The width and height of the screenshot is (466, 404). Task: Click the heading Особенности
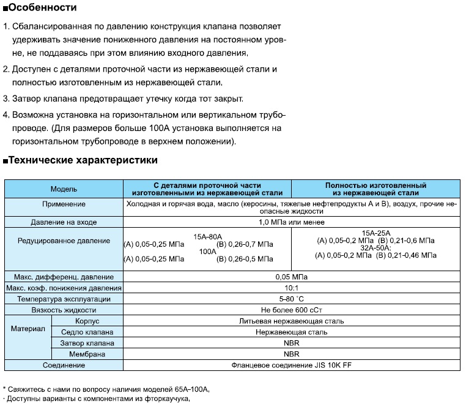(43, 8)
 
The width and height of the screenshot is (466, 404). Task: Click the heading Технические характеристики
(83, 160)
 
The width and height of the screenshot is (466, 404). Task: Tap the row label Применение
(64, 204)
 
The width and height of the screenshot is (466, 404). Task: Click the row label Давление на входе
(64, 222)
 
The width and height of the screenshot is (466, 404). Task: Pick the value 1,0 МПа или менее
(292, 222)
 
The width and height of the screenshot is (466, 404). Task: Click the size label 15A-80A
(207, 236)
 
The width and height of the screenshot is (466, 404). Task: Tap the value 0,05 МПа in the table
(292, 277)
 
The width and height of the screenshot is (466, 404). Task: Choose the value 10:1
(292, 288)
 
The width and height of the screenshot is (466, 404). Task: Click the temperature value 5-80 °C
(292, 299)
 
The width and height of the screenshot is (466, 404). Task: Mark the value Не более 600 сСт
(292, 310)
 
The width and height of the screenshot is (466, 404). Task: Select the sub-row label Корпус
(87, 321)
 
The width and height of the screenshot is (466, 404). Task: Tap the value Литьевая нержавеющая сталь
(292, 321)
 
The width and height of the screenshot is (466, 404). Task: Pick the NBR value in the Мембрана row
(292, 354)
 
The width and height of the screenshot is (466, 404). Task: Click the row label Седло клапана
(87, 332)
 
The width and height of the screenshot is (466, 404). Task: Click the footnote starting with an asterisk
(106, 389)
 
